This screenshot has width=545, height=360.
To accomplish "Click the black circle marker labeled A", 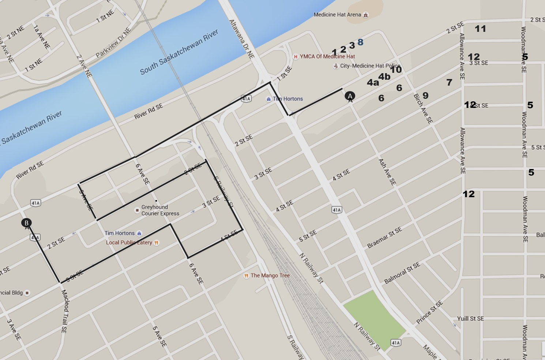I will [x=350, y=96].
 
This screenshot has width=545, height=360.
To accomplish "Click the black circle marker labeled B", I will [x=26, y=223].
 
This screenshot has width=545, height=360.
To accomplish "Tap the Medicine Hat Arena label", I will [x=337, y=15].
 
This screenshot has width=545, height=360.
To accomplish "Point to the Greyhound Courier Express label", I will [x=160, y=210].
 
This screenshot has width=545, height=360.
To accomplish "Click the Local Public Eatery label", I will [x=129, y=242].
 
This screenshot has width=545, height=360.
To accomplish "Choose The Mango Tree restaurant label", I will [x=270, y=275].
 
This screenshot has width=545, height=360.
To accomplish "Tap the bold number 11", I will [x=480, y=29].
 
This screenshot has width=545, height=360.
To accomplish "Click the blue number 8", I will [x=360, y=42].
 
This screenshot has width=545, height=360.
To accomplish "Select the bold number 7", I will [x=449, y=83].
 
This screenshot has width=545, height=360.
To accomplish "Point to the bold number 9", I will [x=425, y=95].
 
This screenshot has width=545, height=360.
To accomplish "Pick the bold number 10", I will [x=396, y=70].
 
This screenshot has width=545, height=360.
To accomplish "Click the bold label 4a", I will [x=373, y=83].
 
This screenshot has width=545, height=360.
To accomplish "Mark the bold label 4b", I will [x=384, y=76].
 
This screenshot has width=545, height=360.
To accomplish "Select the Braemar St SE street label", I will [x=384, y=237].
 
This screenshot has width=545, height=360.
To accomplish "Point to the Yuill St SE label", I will [x=470, y=319].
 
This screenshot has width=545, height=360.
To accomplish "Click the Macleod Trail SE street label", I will [x=64, y=311].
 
